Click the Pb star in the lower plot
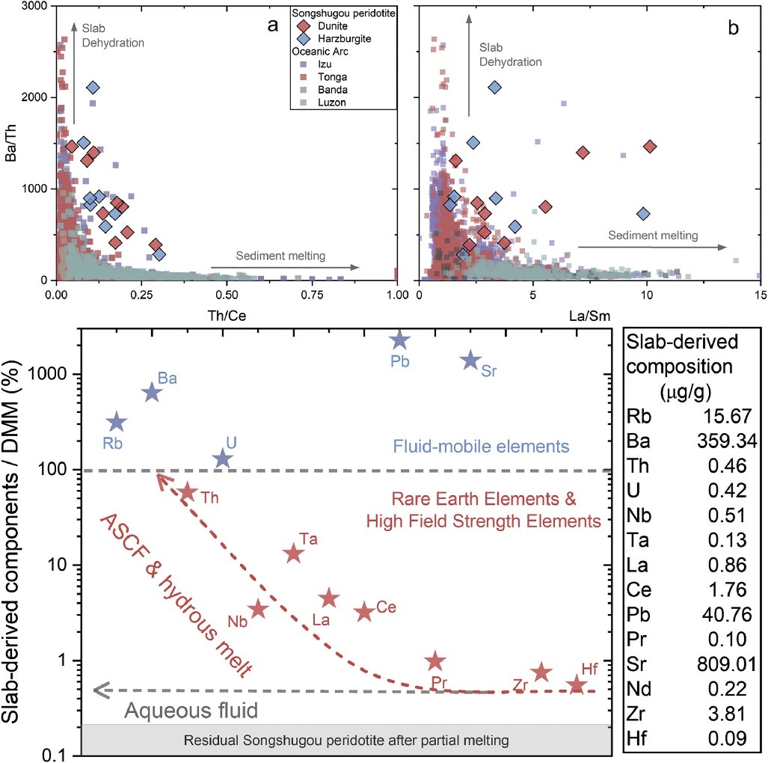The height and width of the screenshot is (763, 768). point(400,340)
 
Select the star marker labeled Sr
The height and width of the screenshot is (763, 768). point(470,360)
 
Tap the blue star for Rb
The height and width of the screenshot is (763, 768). point(117,423)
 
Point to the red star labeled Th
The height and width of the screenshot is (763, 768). point(188,491)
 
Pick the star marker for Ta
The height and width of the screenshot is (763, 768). point(294,554)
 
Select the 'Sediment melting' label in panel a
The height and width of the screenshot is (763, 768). point(280,256)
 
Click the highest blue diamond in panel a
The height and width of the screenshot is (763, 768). point(93,88)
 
